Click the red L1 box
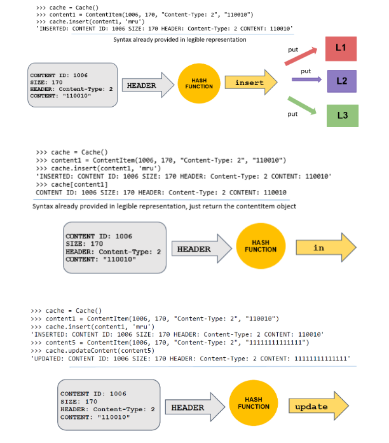tap(341, 49)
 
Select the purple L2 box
tap(341, 81)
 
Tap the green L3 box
tap(342, 115)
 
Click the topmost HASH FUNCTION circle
tap(201, 84)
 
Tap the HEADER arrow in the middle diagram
tap(198, 249)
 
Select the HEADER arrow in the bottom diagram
tap(192, 407)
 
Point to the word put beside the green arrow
tap(292, 114)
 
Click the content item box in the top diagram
tap(72, 85)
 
